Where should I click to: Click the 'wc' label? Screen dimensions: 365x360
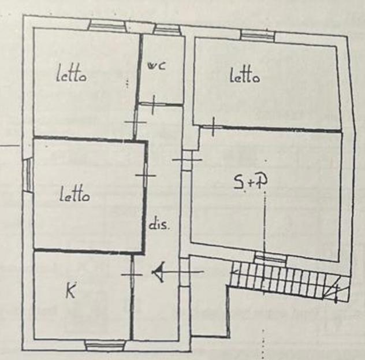[x=157, y=65]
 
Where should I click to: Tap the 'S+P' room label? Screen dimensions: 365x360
[x=250, y=182]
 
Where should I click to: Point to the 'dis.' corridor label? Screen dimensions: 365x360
[x=159, y=225]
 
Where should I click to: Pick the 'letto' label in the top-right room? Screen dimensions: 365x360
[x=245, y=75]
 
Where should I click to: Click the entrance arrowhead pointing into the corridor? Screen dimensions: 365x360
[x=159, y=272]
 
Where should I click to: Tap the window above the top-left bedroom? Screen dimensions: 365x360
[x=107, y=25]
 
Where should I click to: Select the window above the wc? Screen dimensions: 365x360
[x=167, y=30]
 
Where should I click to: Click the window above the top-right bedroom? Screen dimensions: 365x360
[x=258, y=35]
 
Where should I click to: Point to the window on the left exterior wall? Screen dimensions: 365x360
[x=28, y=175]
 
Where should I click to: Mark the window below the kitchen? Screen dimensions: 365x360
[x=105, y=345]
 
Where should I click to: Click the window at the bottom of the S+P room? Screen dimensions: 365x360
[x=270, y=258]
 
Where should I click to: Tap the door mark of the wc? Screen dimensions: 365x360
[x=153, y=105]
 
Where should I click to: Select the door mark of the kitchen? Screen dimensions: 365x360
[x=132, y=274]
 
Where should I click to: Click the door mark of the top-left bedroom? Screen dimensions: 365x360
[x=136, y=122]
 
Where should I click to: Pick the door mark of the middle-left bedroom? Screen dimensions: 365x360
[x=146, y=175]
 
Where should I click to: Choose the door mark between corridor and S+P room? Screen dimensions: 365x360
[x=187, y=159]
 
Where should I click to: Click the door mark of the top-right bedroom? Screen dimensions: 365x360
[x=213, y=127]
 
